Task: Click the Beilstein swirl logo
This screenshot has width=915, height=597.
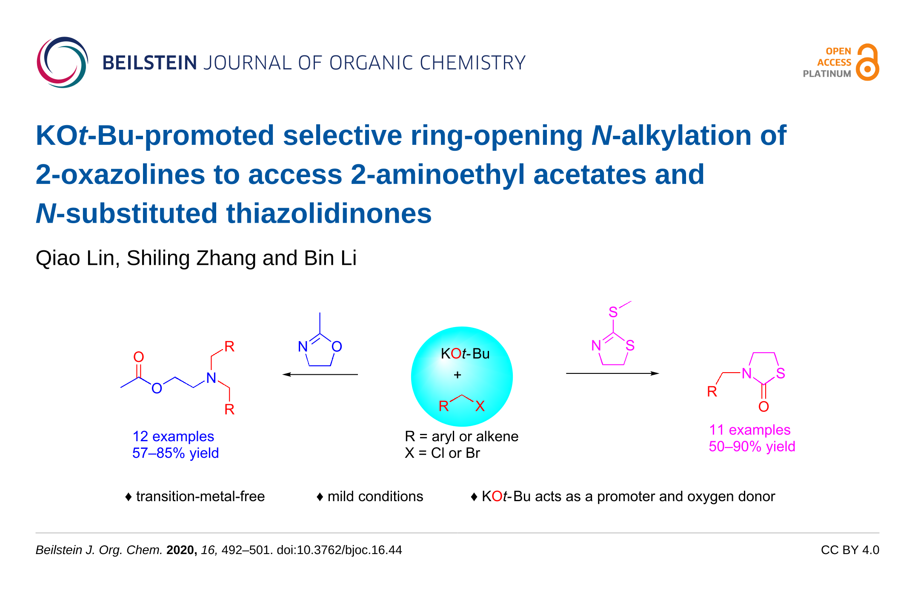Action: [62, 62]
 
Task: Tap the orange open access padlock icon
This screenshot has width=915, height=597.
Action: [868, 62]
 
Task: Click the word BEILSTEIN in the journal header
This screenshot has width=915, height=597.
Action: [149, 63]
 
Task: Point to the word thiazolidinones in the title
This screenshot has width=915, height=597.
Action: [329, 213]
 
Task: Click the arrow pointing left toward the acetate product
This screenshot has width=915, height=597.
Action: [320, 375]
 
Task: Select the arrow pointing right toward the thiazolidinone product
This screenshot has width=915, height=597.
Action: [612, 373]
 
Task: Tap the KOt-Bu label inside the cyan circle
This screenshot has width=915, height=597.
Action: [465, 353]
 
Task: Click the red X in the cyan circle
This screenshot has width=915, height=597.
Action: [480, 406]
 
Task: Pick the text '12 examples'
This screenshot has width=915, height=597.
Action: [173, 436]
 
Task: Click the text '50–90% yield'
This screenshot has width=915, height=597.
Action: [752, 446]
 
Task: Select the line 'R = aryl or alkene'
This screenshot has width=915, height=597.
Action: [462, 436]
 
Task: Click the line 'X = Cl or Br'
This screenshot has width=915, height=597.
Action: [443, 453]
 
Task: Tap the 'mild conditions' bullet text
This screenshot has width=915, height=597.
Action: [375, 497]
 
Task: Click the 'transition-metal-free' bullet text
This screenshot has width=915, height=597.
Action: [200, 497]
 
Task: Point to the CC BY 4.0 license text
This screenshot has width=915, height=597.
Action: [850, 550]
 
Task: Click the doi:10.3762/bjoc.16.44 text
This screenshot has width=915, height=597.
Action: [339, 550]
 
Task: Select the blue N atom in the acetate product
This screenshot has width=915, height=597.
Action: [211, 378]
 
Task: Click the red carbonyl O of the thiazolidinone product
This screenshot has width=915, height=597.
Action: [763, 407]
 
